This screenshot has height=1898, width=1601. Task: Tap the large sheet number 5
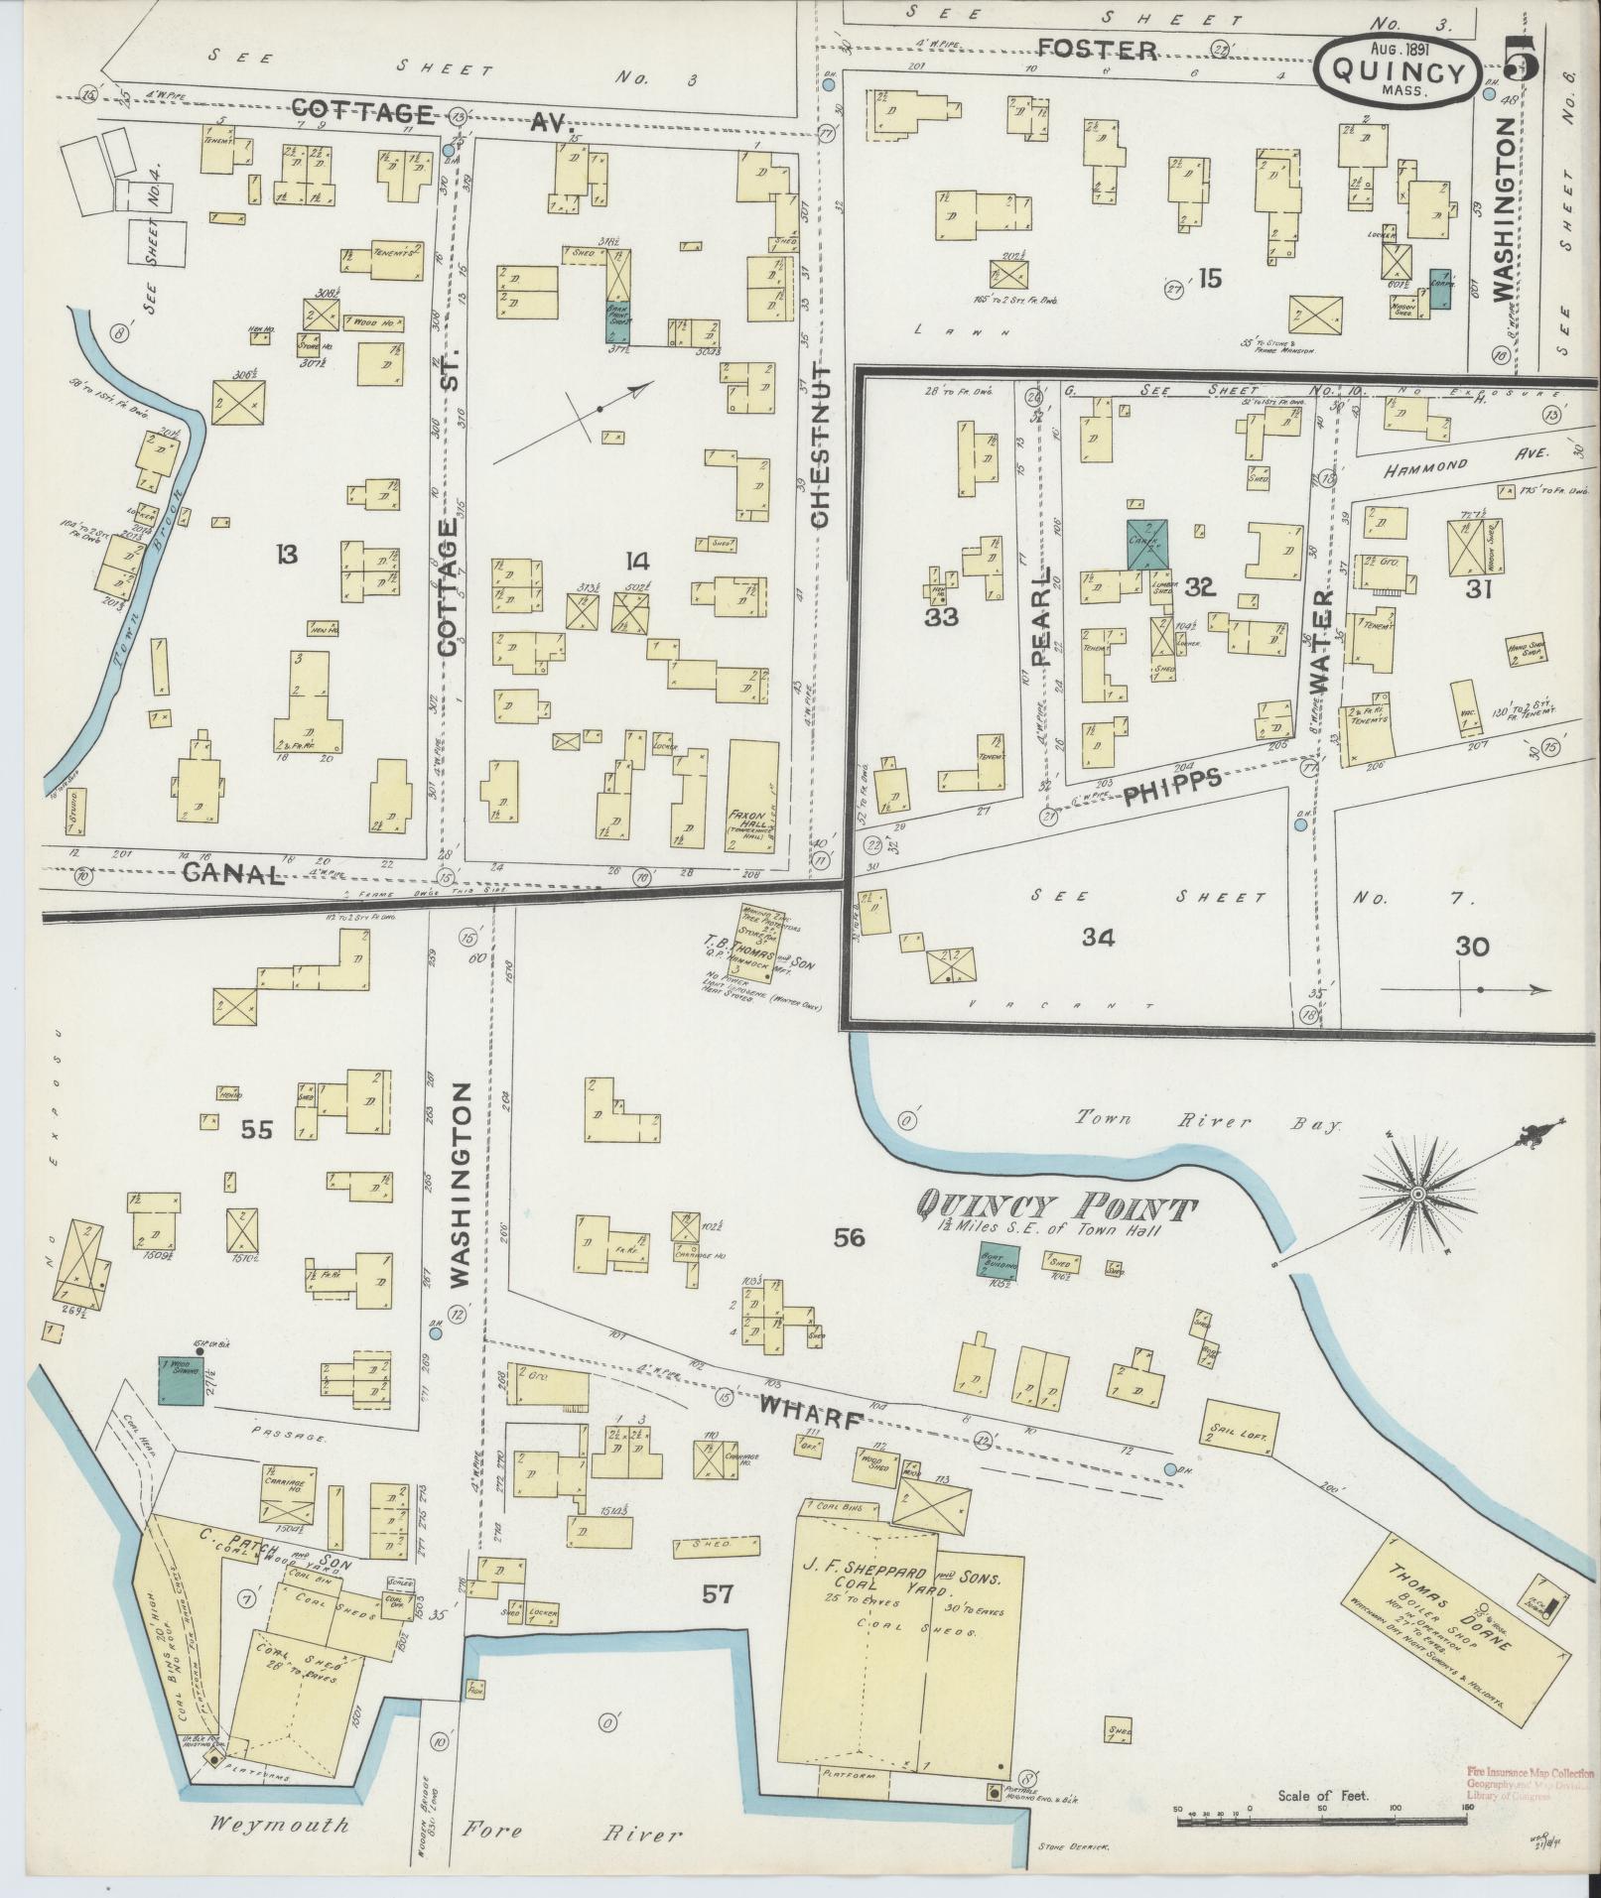1522,62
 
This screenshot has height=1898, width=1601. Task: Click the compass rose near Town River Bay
1417,1193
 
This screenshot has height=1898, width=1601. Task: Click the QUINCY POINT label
1054,1207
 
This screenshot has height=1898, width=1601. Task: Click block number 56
850,1237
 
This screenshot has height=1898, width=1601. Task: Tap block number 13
287,554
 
